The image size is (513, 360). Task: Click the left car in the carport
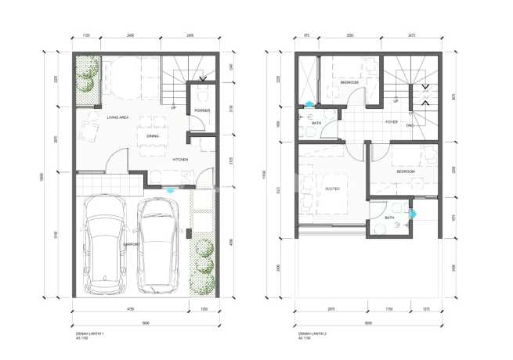107,243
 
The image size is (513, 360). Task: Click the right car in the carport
159,243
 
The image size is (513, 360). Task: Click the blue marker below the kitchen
171,189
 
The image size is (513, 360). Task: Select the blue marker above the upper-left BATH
310,104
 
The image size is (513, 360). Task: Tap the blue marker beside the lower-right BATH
414,212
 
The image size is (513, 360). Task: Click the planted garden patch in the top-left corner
85,81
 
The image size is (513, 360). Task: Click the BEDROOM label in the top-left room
349,82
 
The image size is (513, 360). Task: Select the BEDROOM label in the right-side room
406,170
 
